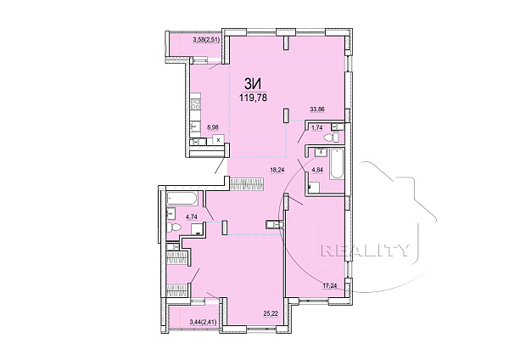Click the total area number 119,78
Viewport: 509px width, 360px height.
pos(253,97)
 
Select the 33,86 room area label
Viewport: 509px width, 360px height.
pos(317,110)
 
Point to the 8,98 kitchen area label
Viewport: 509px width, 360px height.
pos(213,127)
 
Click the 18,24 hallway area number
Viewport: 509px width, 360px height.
pos(277,169)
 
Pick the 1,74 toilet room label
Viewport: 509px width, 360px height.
pos(316,127)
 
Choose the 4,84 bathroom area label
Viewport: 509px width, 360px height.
pos(317,169)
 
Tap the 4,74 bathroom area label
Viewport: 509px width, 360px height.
pos(192,215)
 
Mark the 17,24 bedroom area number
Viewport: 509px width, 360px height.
pos(329,285)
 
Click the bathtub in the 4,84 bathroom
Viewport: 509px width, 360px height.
pos(337,163)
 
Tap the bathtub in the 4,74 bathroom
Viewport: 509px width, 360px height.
pos(182,199)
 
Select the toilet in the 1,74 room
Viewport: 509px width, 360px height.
pos(332,138)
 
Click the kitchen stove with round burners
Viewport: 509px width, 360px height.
pos(196,104)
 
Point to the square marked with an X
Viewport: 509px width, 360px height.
pos(219,140)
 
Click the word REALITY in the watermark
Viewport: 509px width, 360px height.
pos(365,250)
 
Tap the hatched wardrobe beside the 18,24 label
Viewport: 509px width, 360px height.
pos(247,183)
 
